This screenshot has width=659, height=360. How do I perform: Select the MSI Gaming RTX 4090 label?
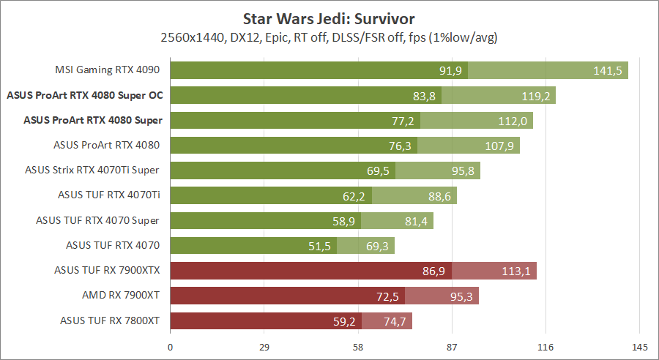coord(108,70)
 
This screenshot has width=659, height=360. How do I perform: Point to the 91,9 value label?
coord(450,71)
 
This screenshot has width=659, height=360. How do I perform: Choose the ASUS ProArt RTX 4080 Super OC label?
coord(83,95)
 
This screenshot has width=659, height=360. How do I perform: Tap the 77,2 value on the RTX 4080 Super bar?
coord(402,121)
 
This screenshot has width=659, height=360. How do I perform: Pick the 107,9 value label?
coord(499,146)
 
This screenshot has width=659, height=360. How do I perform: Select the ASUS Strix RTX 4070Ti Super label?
coord(92,170)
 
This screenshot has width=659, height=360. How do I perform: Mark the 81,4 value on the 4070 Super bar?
coord(414,221)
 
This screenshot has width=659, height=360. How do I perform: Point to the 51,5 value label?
coord(319,246)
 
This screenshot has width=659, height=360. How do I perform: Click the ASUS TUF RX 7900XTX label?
coord(107,270)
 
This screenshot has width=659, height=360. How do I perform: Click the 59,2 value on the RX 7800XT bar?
coord(344,321)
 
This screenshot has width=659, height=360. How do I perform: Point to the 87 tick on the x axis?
coord(452,347)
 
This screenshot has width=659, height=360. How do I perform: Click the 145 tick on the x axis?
coord(639,347)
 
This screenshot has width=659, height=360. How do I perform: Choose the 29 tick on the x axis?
coord(264,347)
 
